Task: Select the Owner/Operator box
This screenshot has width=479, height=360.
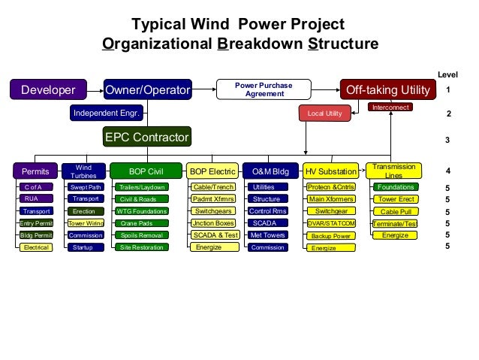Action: click(147, 90)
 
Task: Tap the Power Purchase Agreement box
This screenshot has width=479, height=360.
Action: click(264, 90)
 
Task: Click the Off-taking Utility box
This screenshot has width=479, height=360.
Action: click(387, 90)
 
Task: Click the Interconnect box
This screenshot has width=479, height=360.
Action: click(390, 108)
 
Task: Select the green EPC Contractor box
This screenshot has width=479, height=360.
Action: click(147, 138)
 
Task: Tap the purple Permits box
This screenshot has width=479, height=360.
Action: click(35, 171)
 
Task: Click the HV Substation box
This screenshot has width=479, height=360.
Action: click(331, 171)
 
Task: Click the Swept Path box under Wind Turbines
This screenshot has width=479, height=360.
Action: click(85, 187)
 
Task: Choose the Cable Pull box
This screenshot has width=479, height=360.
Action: click(396, 211)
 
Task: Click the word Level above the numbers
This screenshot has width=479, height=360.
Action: click(447, 74)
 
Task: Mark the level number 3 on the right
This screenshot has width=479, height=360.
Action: click(448, 140)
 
